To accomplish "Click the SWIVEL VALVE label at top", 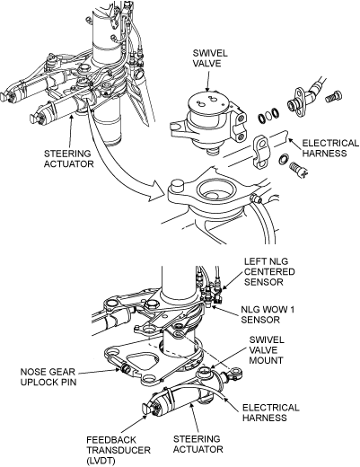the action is tap(210, 58).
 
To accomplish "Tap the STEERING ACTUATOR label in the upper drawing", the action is tap(69, 159).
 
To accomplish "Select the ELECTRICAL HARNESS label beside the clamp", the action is tap(330, 148).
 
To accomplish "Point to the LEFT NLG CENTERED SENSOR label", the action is tap(269, 271).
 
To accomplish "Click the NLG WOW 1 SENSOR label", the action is tap(268, 314).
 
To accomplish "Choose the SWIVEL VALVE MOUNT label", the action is tap(267, 350).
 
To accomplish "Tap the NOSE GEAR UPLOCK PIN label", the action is tap(48, 377).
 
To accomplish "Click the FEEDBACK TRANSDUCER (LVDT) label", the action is tap(119, 450).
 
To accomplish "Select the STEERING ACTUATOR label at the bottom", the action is tap(198, 444).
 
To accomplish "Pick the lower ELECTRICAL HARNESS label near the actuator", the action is tap(271, 412).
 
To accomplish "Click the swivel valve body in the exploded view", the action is tap(208, 123).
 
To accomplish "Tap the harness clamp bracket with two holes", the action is tap(262, 152).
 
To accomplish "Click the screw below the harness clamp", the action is tap(300, 169).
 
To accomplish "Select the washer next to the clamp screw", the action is tap(283, 159).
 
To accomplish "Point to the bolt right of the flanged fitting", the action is tap(333, 96).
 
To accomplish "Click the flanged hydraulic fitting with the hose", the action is tap(303, 101).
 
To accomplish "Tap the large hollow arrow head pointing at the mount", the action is tap(157, 192).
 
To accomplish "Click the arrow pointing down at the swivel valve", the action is tap(207, 80).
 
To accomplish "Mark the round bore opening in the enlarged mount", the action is tap(215, 189).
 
